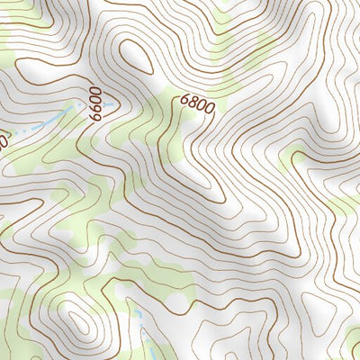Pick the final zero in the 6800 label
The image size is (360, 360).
click(x=210, y=109)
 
